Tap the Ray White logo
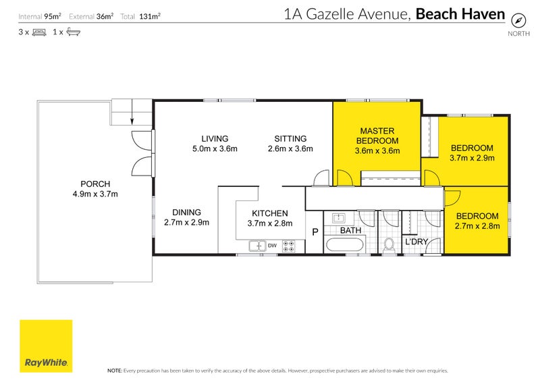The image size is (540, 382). pyautogui.click(x=46, y=346)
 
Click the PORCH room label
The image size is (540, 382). pyautogui.click(x=95, y=184)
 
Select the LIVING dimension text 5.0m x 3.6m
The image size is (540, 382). pyautogui.click(x=215, y=149)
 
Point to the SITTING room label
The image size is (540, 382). pyautogui.click(x=290, y=139)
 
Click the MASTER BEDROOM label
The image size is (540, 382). pyautogui.click(x=377, y=136)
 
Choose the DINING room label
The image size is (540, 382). pyautogui.click(x=186, y=212)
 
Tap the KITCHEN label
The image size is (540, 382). pyautogui.click(x=269, y=213)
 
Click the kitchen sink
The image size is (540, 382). pyautogui.click(x=257, y=246)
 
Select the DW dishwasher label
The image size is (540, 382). pyautogui.click(x=272, y=246)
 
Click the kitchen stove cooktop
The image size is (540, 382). pyautogui.click(x=289, y=246)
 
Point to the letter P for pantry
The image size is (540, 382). pyautogui.click(x=314, y=232)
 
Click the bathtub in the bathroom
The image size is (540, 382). pyautogui.click(x=344, y=244)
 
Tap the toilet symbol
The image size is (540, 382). pyautogui.click(x=389, y=246)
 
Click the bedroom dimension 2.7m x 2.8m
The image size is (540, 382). pyautogui.click(x=477, y=227)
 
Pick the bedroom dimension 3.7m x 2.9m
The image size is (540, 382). pyautogui.click(x=472, y=159)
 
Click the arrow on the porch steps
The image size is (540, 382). pyautogui.click(x=132, y=120)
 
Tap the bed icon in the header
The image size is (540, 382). pyautogui.click(x=38, y=32)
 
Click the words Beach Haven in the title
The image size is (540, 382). pyautogui.click(x=460, y=13)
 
